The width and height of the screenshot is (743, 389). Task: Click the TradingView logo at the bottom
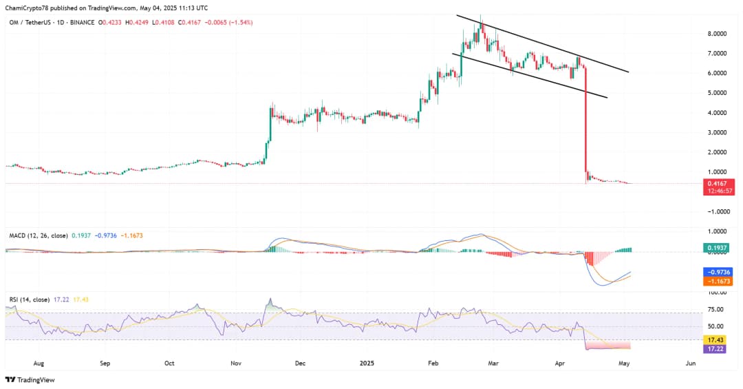coord(30,379)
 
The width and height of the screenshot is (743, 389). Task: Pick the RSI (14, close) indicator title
coord(29,299)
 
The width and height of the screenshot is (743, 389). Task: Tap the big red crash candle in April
coord(585,124)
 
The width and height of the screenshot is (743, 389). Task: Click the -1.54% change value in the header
coord(242,23)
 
